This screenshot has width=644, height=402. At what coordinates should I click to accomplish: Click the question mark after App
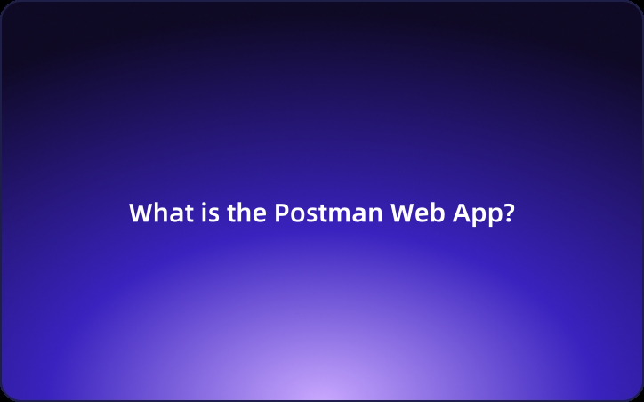click(x=509, y=214)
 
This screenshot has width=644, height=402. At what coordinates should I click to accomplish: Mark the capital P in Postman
click(x=280, y=214)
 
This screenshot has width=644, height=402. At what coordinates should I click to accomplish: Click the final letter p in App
click(x=495, y=217)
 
